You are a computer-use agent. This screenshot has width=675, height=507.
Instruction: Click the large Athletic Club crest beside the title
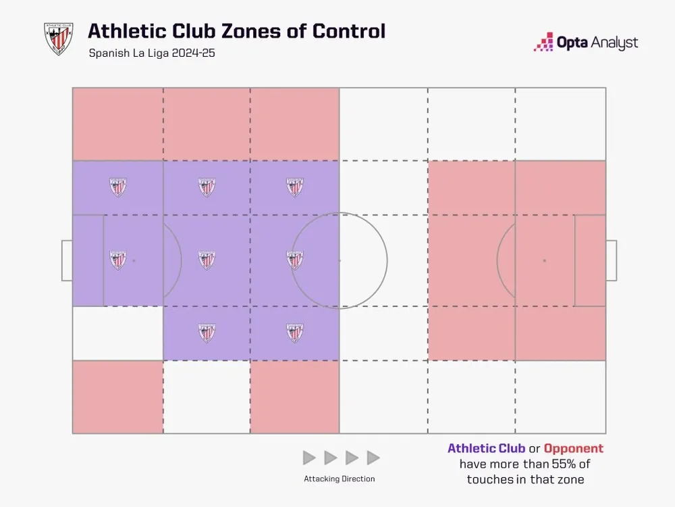coord(58,39)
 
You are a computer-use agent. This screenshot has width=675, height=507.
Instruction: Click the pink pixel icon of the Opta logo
coord(544,43)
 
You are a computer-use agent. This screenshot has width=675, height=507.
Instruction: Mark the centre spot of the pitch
coord(339,260)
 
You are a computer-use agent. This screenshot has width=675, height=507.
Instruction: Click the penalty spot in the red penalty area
coord(544,260)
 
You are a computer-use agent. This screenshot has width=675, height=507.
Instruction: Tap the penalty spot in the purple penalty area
coord(134,260)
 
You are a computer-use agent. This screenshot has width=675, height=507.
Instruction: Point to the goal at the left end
coord(67,260)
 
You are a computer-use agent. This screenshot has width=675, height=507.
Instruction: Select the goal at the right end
coord(611,260)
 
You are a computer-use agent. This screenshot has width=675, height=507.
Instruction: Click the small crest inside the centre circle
coord(294,260)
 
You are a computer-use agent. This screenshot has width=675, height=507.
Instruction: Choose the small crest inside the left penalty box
coord(118,260)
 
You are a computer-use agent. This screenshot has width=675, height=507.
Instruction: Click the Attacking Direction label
coord(340,479)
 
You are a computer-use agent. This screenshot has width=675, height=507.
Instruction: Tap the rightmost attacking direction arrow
coord(373,458)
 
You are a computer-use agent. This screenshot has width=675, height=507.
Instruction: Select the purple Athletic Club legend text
coord(486,448)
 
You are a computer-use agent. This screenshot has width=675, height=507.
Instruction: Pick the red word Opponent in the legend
coord(574,448)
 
